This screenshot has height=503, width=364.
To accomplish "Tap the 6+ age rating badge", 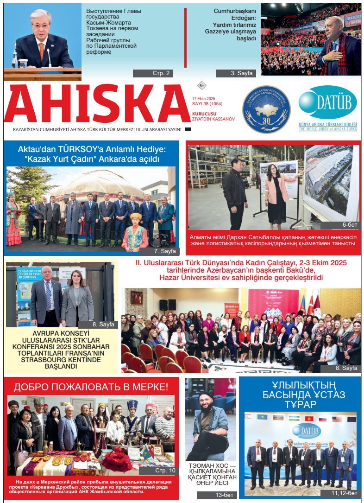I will [x=201, y=86].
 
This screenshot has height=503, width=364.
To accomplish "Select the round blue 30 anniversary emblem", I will [x=266, y=109].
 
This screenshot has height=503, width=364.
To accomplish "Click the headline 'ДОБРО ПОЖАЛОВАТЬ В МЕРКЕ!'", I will [x=91, y=387].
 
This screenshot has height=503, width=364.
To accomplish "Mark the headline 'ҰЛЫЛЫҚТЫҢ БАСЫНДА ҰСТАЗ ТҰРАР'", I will [x=299, y=395].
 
